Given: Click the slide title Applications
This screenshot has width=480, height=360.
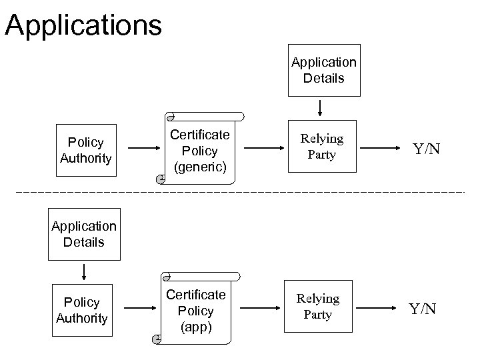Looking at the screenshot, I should pyautogui.click(x=83, y=25).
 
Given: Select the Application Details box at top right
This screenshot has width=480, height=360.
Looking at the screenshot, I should pyautogui.click(x=323, y=70).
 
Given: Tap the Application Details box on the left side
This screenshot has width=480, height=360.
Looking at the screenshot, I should pyautogui.click(x=83, y=235).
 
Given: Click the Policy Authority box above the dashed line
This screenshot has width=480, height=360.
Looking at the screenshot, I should pyautogui.click(x=86, y=150).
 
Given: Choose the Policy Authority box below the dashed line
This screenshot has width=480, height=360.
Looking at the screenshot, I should pyautogui.click(x=82, y=310).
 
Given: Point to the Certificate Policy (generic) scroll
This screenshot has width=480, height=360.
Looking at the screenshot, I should pyautogui.click(x=199, y=150).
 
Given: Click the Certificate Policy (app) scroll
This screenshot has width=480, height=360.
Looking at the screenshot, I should pyautogui.click(x=197, y=311).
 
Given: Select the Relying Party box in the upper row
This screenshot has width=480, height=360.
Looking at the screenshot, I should pyautogui.click(x=322, y=147).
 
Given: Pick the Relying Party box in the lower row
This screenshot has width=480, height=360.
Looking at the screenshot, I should pyautogui.click(x=317, y=307).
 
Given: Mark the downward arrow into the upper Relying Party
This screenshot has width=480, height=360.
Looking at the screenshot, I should pyautogui.click(x=321, y=107).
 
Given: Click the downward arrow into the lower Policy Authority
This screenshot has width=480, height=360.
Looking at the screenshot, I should pyautogui.click(x=85, y=271).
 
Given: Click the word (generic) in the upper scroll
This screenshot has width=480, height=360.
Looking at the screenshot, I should pyautogui.click(x=199, y=166).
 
